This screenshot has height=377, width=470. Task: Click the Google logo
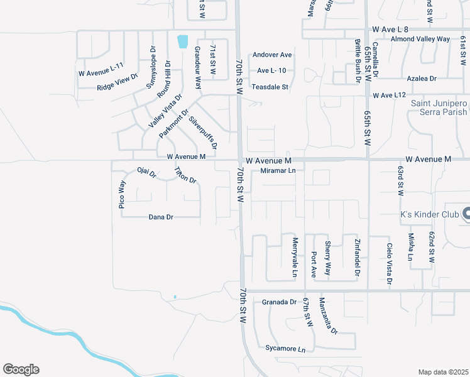[21, 369]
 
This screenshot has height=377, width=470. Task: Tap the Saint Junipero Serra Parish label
[439, 107]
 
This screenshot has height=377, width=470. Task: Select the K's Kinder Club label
[429, 214]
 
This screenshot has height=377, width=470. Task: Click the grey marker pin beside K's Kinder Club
[466, 214]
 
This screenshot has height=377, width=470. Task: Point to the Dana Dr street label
[161, 217]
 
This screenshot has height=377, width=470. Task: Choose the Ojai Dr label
[146, 172]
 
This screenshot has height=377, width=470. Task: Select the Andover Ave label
[272, 55]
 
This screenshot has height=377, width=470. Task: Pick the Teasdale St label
[270, 87]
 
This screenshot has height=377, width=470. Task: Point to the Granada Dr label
[279, 302]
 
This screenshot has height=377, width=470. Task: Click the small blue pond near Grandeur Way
[183, 41]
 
